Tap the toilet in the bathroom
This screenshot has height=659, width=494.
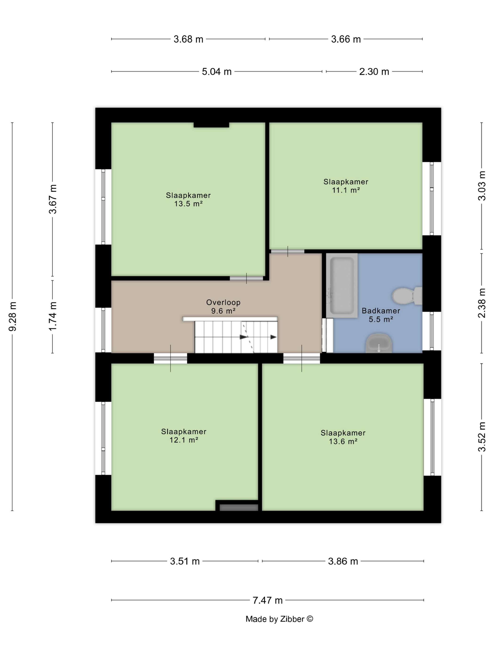click(407, 296)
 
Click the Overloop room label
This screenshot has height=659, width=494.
click(223, 302)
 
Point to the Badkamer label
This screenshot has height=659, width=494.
click(381, 311)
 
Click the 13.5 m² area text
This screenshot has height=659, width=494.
click(188, 204)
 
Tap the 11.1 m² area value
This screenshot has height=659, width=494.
click(346, 190)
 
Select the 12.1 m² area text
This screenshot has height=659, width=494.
click(184, 440)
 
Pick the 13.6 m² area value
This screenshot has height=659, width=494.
click(343, 442)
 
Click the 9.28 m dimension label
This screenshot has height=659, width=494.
click(13, 316)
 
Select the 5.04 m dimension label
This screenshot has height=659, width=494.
click(217, 72)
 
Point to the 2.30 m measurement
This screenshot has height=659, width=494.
click(374, 72)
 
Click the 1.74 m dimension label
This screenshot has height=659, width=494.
click(53, 316)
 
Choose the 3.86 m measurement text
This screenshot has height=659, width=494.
click(343, 562)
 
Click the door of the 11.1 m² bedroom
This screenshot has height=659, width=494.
click(287, 251)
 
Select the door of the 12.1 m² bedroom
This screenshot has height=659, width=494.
click(170, 358)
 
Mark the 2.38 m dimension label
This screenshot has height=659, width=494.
click(482, 303)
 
